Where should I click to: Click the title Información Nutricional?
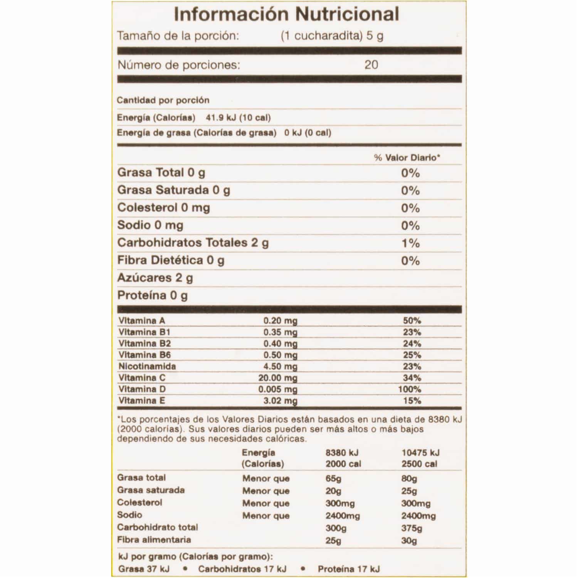point(286,15)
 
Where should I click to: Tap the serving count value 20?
point(371,64)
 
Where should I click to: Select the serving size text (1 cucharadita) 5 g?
point(332,36)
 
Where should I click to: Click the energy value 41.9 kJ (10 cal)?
point(238,118)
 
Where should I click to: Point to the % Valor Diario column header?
point(407,158)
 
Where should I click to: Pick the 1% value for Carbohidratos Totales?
point(410,243)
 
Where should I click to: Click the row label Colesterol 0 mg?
point(163,208)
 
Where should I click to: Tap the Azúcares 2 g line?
point(155,278)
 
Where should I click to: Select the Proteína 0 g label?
point(152,296)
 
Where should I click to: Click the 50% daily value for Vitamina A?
point(412,321)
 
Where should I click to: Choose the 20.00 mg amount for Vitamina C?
point(277,378)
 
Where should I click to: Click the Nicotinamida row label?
point(147,366)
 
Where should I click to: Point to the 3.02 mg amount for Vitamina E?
point(280,401)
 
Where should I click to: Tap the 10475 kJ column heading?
point(420,453)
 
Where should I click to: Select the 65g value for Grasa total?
point(333,479)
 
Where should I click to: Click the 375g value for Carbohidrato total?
point(412,528)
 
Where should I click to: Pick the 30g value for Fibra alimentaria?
point(409,540)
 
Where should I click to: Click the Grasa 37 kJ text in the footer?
point(144,569)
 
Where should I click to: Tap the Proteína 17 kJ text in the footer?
point(349,569)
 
